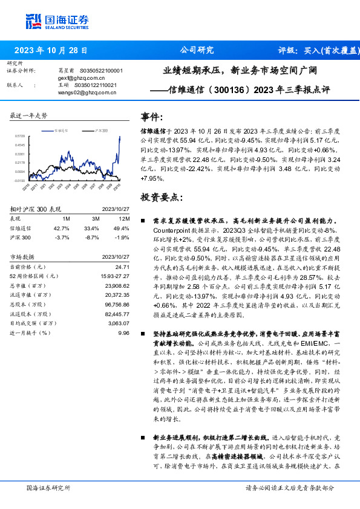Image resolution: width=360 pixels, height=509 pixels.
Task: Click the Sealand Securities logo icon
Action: (x=32, y=20)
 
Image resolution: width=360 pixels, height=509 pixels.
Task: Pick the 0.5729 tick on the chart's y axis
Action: (x=20, y=137)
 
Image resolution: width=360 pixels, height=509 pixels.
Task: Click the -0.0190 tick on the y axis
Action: (x=20, y=180)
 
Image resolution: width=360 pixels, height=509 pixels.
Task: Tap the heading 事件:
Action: (x=152, y=117)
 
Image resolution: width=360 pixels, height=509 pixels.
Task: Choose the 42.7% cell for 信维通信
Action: (x=62, y=228)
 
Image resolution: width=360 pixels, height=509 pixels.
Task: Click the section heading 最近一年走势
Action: (x=29, y=115)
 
